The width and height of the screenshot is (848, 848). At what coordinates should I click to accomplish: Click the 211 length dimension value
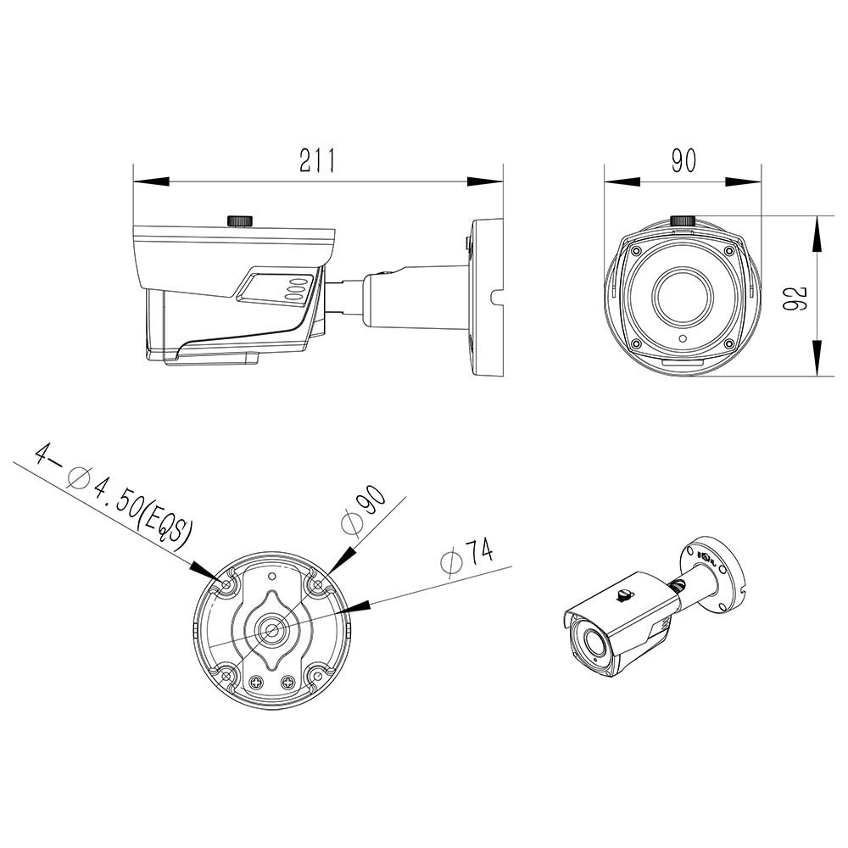click(317, 160)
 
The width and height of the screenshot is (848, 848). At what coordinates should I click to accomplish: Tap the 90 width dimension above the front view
click(683, 160)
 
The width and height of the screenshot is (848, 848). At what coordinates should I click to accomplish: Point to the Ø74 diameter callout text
click(467, 556)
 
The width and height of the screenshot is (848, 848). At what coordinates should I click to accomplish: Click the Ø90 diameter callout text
click(364, 509)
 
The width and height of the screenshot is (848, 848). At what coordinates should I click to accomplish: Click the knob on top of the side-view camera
click(240, 220)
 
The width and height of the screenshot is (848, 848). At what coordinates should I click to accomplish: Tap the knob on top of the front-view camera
click(683, 220)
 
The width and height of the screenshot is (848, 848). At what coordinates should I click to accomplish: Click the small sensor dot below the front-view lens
click(683, 340)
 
